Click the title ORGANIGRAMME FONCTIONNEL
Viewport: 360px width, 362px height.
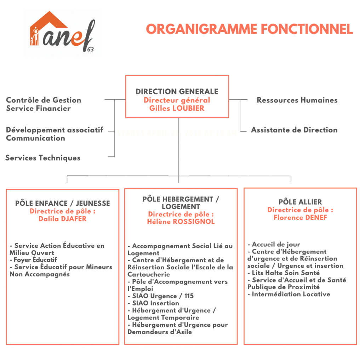pyautogui.click(x=250, y=29)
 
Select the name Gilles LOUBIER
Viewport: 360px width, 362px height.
pyautogui.click(x=177, y=109)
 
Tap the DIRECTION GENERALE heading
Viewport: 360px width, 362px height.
pyautogui.click(x=177, y=92)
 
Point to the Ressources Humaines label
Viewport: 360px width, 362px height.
pyautogui.click(x=297, y=100)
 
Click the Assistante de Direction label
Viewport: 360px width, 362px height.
pyautogui.click(x=294, y=130)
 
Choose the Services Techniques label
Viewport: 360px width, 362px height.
pyautogui.click(x=43, y=158)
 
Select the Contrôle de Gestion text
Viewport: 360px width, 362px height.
pyautogui.click(x=44, y=100)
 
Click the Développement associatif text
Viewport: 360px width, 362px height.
pyautogui.click(x=55, y=130)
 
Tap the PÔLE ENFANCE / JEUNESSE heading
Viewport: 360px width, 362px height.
pyautogui.click(x=63, y=203)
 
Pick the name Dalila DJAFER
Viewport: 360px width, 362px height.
pyautogui.click(x=63, y=219)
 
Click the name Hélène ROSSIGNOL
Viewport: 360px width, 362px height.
pyautogui.click(x=181, y=222)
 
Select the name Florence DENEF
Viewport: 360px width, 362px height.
pyautogui.click(x=300, y=218)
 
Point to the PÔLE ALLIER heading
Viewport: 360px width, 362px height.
pyautogui.click(x=300, y=202)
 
